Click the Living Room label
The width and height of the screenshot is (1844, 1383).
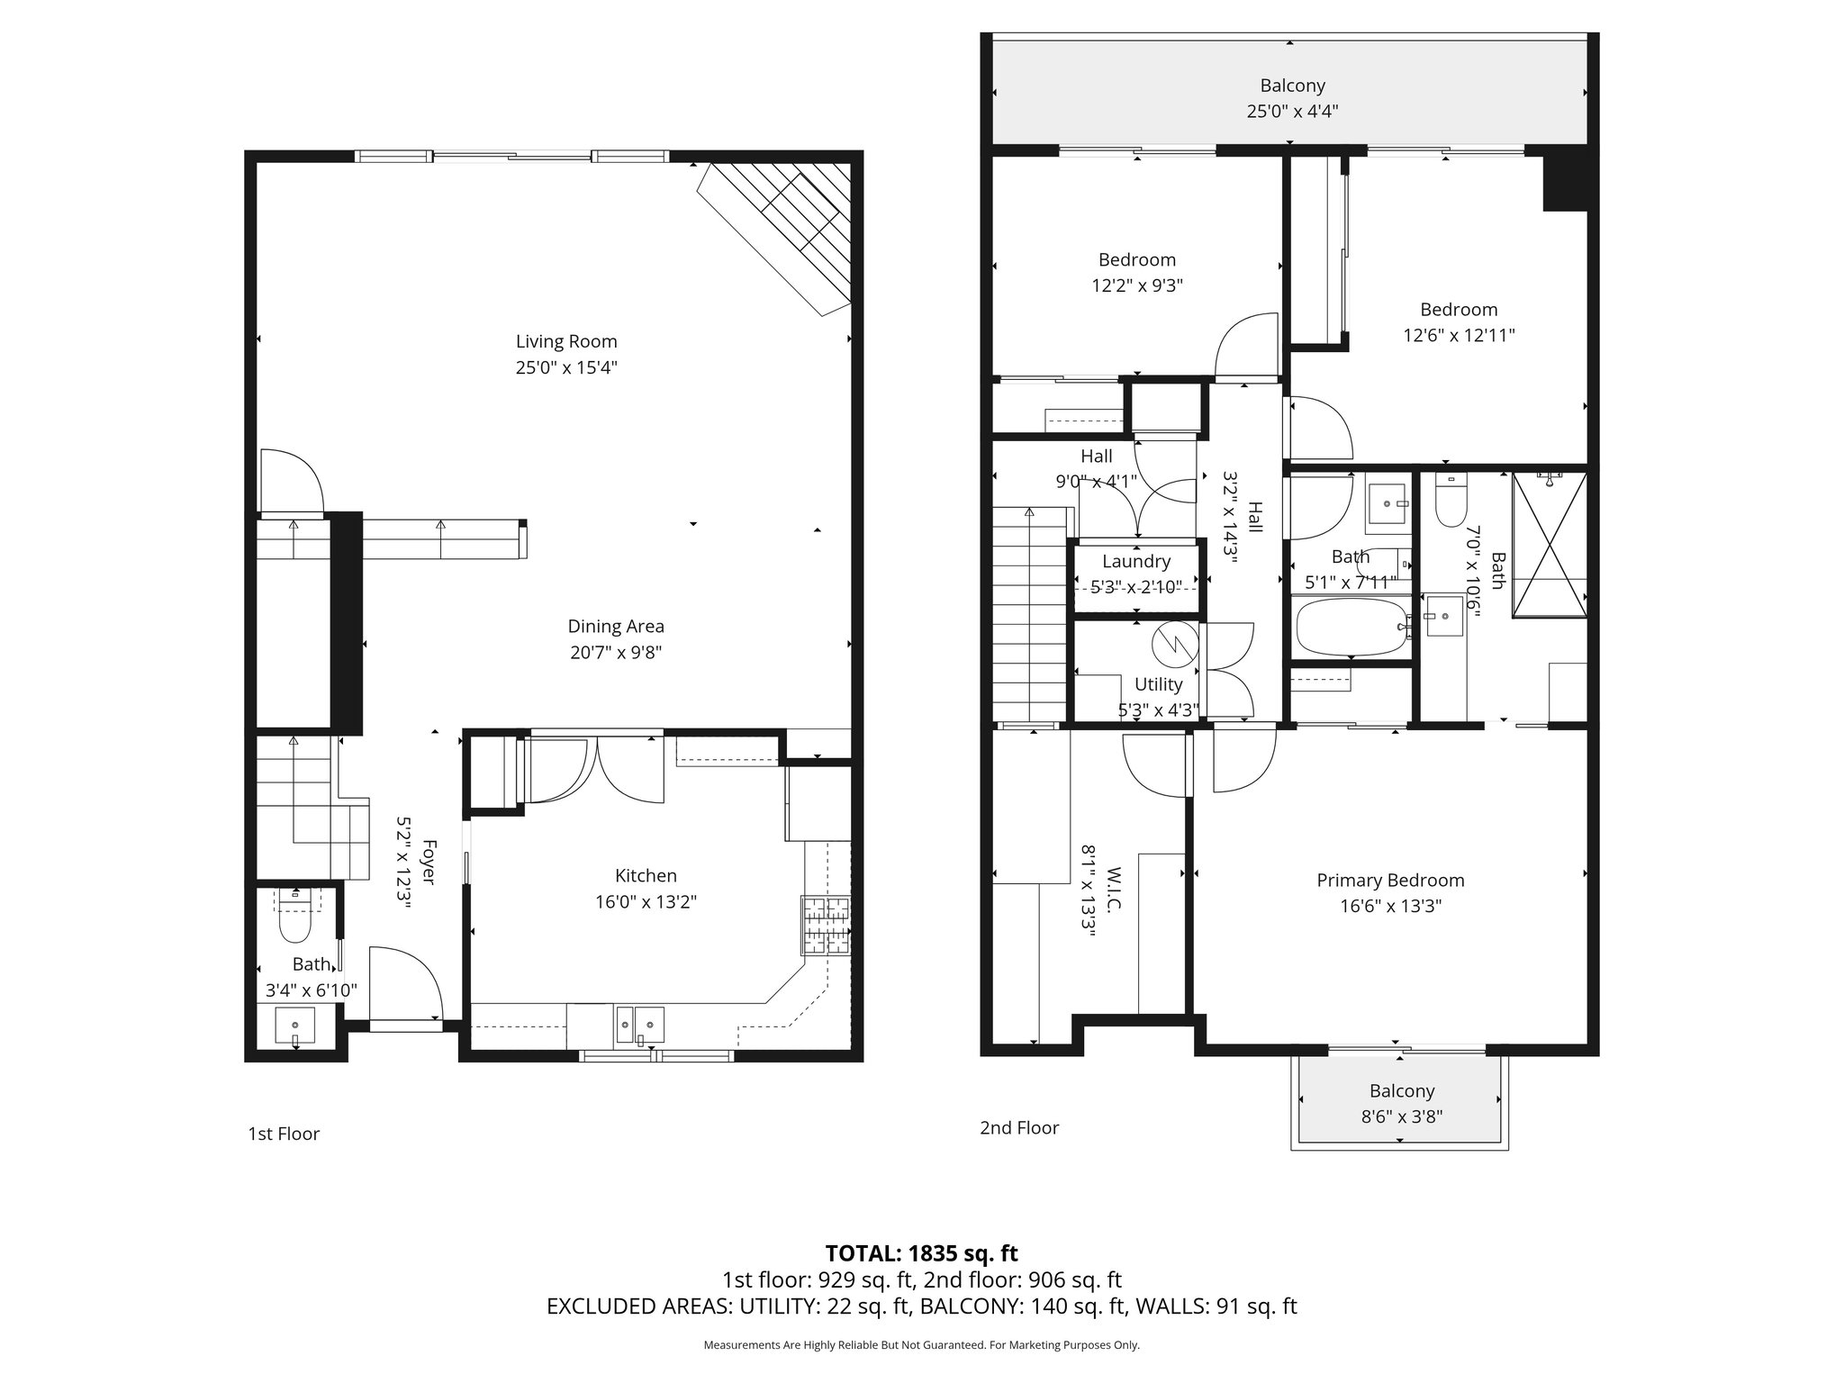point(566,341)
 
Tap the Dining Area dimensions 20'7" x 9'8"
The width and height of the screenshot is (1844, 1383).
point(616,652)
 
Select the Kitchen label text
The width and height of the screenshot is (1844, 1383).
point(646,875)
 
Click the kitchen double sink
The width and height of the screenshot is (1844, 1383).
point(640,1025)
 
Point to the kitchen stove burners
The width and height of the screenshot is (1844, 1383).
point(826,926)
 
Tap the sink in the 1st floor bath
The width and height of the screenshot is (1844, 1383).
point(294,1026)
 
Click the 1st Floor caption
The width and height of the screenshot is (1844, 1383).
point(284,1134)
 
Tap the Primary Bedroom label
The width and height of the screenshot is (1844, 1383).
point(1390,880)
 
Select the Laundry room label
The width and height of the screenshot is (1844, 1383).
point(1136,561)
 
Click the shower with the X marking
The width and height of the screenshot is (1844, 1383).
point(1549,545)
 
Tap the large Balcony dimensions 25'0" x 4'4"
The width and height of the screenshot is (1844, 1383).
point(1292,112)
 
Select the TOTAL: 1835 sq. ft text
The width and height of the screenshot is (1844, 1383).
point(921,1253)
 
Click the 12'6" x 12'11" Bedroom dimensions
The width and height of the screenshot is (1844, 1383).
point(1459,335)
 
